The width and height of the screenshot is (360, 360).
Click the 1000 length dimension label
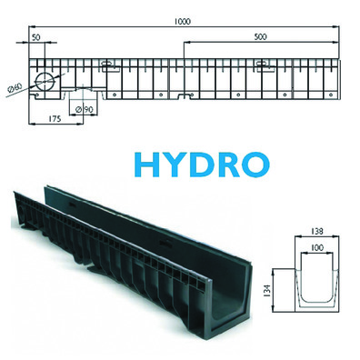click(183, 22)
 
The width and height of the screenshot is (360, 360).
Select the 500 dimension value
click(260, 37)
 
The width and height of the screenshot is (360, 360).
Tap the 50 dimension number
click(35, 37)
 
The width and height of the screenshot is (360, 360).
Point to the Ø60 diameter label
click(15, 88)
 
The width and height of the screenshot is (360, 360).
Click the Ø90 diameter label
click(85, 109)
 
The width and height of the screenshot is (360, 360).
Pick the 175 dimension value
click(55, 118)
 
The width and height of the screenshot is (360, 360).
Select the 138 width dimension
click(317, 231)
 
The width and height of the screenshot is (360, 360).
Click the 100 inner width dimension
click(317, 248)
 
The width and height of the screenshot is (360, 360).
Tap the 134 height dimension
click(267, 291)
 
